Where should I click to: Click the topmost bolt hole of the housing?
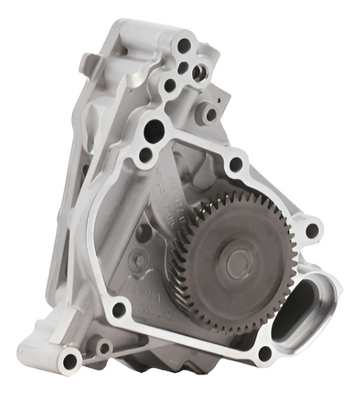click(x=184, y=46)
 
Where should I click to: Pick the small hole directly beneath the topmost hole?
click(x=183, y=68)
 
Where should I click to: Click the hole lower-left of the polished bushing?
click(x=170, y=85)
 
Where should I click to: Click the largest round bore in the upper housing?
click(x=155, y=130)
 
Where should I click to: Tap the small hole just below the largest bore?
click(x=145, y=155)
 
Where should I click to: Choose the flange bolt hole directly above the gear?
click(x=235, y=164)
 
